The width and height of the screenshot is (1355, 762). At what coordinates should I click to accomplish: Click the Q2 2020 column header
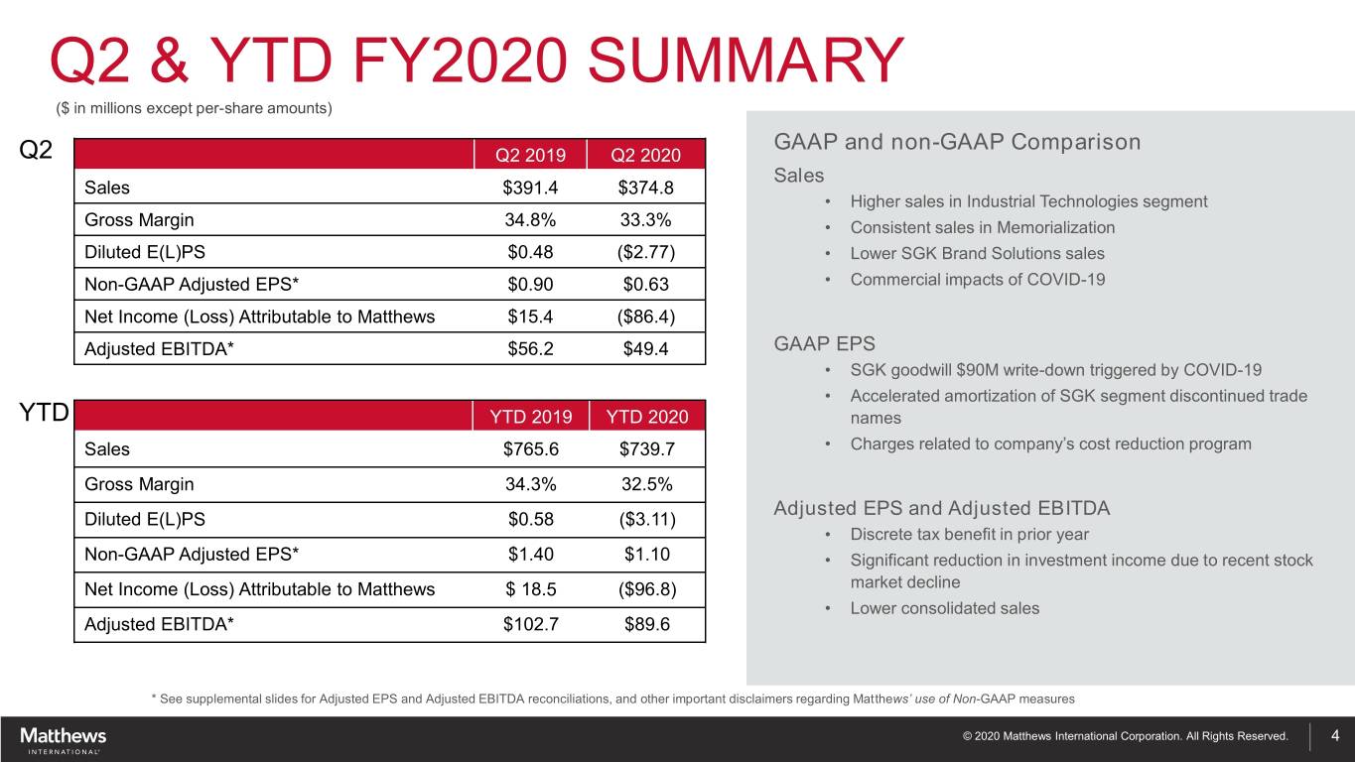pos(646,155)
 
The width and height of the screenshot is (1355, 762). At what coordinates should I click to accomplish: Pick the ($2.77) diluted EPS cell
pos(646,252)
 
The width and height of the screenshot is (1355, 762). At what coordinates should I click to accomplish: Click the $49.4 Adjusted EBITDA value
pos(646,348)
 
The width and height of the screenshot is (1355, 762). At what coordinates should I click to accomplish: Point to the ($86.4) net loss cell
pos(646,317)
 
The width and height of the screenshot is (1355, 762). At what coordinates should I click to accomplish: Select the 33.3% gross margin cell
pos(646,219)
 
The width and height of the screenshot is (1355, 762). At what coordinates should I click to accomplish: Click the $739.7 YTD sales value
pos(646,449)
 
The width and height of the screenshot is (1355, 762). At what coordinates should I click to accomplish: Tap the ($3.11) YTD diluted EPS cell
pos(646,519)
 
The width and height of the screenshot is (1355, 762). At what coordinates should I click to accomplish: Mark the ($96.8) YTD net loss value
pos(646,589)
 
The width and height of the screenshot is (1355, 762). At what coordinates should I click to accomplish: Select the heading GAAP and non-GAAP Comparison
pos(956,142)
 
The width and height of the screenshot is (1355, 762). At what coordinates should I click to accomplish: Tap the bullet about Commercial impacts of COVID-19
pos(977,280)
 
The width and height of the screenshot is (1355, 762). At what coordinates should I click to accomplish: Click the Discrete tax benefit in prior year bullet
pos(969,535)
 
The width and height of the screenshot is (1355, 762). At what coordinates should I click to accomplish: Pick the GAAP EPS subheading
pos(812,344)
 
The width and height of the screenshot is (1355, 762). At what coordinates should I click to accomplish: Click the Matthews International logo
pos(63,738)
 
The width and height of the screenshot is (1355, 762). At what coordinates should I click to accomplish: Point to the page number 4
pos(1335,735)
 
